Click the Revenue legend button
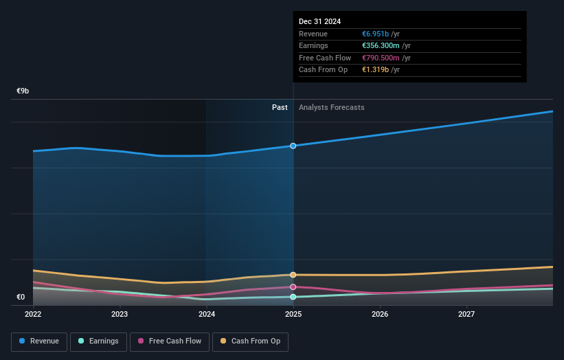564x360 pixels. [x=39, y=341]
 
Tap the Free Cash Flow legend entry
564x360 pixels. [x=170, y=341]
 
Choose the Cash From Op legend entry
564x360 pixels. [x=250, y=341]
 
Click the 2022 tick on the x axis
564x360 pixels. [x=33, y=315]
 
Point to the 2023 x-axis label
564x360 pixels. [x=120, y=315]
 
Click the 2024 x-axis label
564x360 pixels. [x=207, y=315]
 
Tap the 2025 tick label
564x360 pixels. [x=293, y=315]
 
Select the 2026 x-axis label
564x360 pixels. [x=380, y=315]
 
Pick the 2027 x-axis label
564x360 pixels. [x=466, y=315]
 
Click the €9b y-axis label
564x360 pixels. [x=23, y=91]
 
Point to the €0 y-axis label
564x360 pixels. [x=21, y=297]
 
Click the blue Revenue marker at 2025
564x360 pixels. [x=293, y=146]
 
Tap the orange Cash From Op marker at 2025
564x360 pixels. [x=293, y=275]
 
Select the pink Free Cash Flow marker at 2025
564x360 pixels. [x=293, y=286]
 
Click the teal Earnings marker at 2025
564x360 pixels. [x=293, y=297]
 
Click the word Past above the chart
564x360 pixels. [x=280, y=108]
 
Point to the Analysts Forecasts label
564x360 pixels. [x=331, y=108]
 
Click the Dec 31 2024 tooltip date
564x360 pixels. [x=319, y=22]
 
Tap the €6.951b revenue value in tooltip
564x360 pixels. [x=376, y=34]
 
